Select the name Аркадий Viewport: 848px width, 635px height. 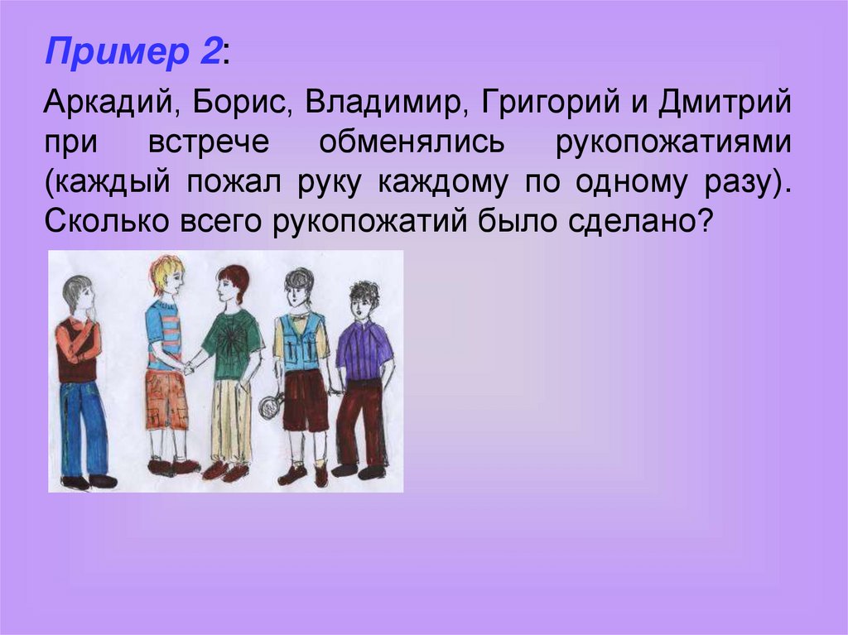[112, 103]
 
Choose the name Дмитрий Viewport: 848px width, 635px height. [725, 103]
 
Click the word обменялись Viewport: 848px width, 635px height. [412, 142]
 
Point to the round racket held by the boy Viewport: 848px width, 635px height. [269, 406]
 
